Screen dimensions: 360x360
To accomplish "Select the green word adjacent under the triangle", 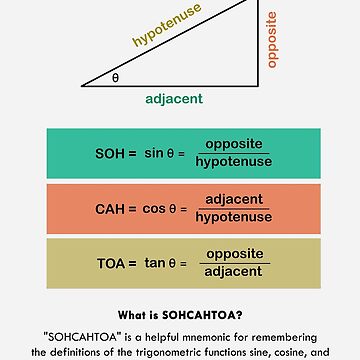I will [173, 99].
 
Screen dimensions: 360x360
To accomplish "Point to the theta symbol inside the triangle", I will [115, 76].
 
